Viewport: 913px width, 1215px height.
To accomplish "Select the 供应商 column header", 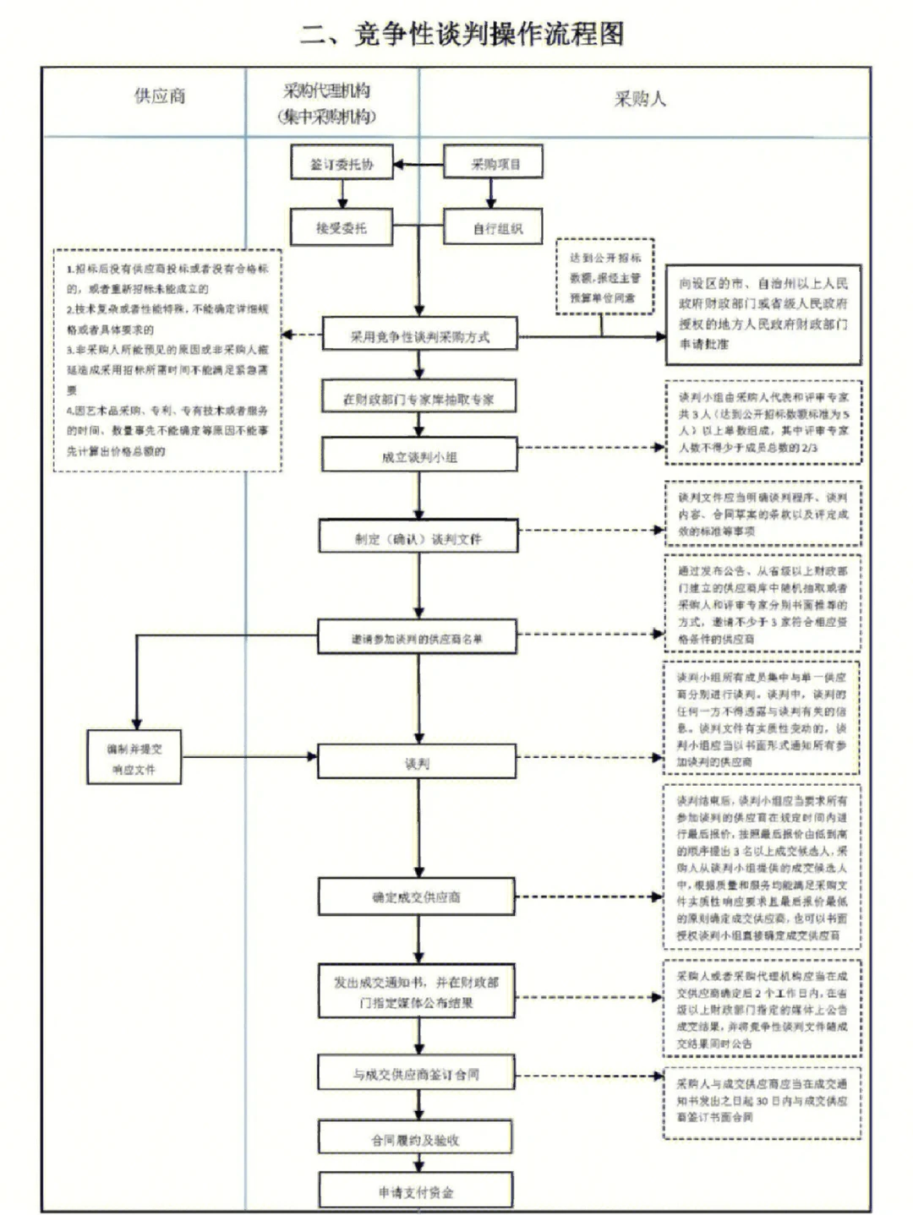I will [160, 96].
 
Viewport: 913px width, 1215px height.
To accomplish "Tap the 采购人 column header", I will [640, 99].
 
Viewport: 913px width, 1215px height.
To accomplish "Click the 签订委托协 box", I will [342, 164].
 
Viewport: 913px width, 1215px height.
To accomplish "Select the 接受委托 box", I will [342, 227].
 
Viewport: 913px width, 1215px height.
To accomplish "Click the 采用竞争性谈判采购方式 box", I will [419, 336].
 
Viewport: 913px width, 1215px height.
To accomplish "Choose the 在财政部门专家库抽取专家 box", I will [418, 399].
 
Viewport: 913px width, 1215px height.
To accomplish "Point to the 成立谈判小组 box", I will [419, 456].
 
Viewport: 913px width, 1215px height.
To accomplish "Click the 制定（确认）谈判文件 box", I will [418, 538].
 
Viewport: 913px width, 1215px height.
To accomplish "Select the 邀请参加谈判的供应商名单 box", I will [417, 639].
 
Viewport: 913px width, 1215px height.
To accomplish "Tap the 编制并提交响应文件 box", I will [134, 759].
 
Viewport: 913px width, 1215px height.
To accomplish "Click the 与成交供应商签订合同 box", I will [416, 1074].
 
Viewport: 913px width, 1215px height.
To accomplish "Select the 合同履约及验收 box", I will [415, 1140].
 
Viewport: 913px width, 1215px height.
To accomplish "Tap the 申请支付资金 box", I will [415, 1191].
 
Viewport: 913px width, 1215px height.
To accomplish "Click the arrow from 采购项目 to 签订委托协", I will [418, 164].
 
